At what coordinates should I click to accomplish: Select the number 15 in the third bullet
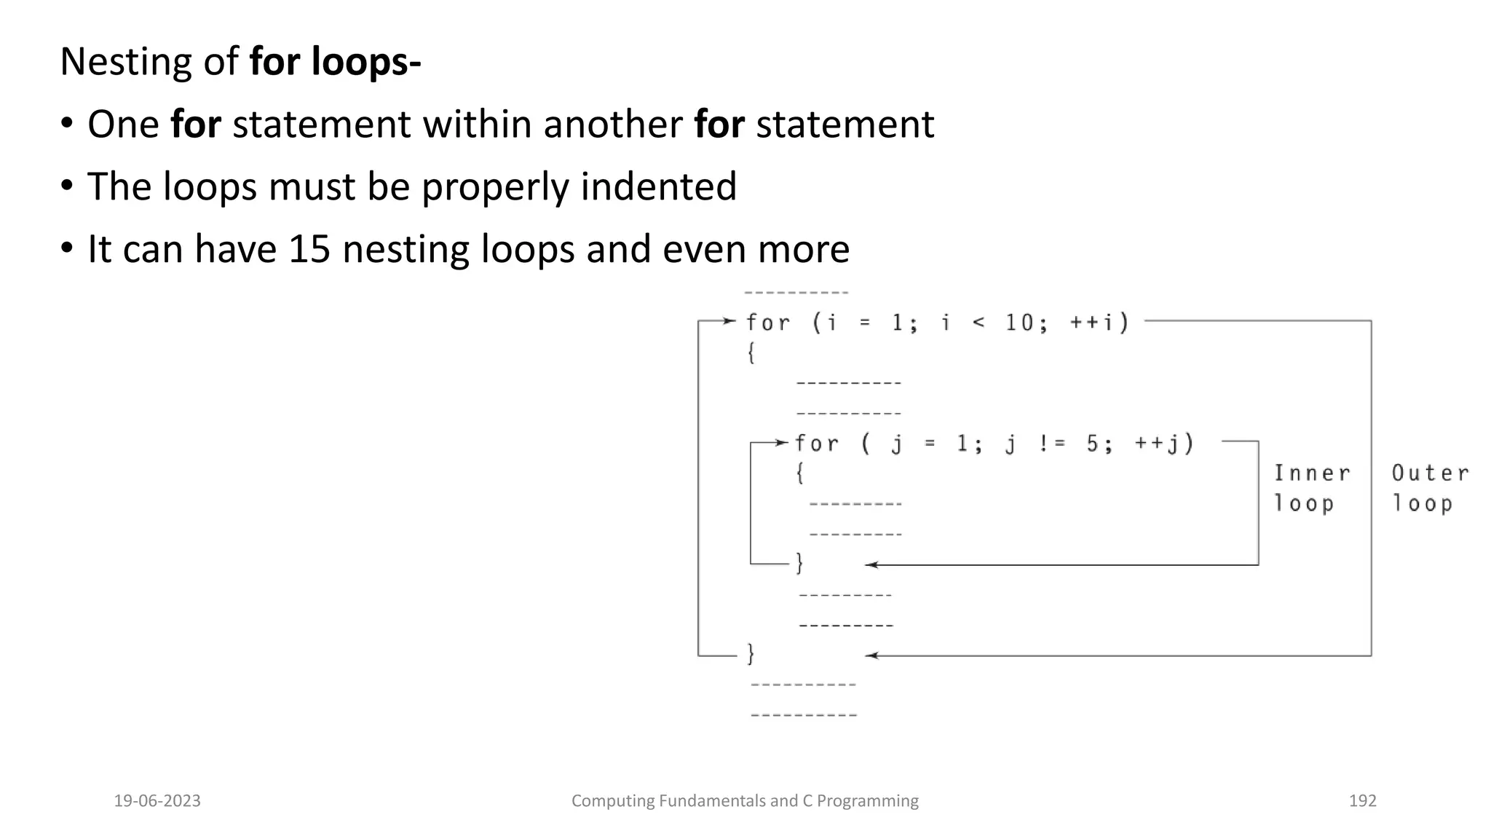tap(309, 249)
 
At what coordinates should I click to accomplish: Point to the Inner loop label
tap(1311, 488)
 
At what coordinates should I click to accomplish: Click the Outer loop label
tap(1429, 488)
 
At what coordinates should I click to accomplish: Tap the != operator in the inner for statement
tap(1051, 444)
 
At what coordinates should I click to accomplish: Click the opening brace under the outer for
tap(751, 353)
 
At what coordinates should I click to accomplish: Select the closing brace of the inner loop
tap(799, 563)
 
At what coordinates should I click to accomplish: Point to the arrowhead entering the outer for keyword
tap(730, 320)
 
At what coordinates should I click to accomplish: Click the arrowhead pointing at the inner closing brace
tap(871, 564)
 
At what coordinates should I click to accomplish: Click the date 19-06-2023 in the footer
tap(157, 801)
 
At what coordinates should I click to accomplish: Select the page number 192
tap(1362, 801)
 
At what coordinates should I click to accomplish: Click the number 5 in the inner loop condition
tap(1092, 444)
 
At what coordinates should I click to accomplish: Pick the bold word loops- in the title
tap(366, 62)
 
